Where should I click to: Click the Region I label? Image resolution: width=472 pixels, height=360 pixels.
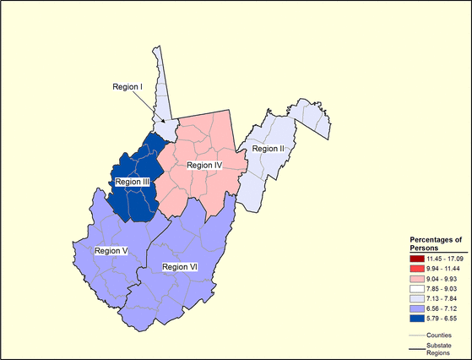pos(130,86)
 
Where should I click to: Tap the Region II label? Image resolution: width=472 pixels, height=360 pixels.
pos(265,149)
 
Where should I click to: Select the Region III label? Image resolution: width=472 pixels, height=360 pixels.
pos(133,181)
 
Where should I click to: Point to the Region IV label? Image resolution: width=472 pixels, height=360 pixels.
pos(203,165)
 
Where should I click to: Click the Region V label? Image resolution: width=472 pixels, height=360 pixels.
pos(111,250)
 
